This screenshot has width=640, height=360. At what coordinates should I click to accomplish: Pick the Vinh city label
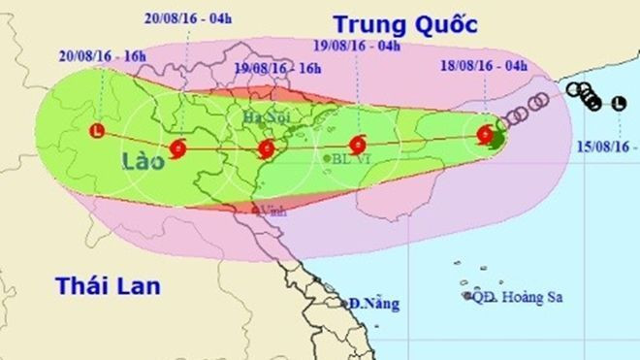click(x=272, y=210)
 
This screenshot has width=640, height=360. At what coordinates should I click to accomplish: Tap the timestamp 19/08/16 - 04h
click(x=359, y=44)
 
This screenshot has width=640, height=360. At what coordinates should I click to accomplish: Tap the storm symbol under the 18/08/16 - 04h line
click(x=484, y=137)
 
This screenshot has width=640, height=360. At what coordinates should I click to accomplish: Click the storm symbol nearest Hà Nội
click(x=266, y=148)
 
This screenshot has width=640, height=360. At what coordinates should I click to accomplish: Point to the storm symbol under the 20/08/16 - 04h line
click(x=178, y=148)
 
